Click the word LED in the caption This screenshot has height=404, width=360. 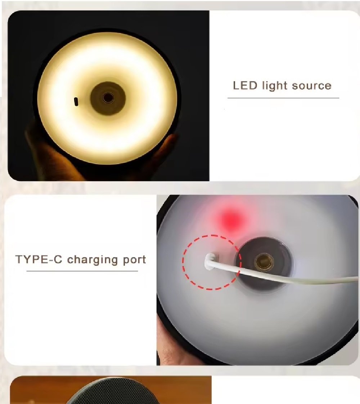click(x=245, y=85)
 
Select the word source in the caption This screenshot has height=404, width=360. click(x=312, y=86)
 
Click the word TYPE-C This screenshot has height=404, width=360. click(x=39, y=259)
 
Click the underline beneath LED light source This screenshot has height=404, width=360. click(x=283, y=98)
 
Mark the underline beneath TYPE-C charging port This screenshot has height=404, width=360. click(x=82, y=271)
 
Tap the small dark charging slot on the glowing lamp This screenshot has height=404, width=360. click(x=76, y=102)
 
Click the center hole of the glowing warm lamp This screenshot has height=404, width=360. click(x=108, y=98)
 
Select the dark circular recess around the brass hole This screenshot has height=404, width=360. click(x=264, y=264)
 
